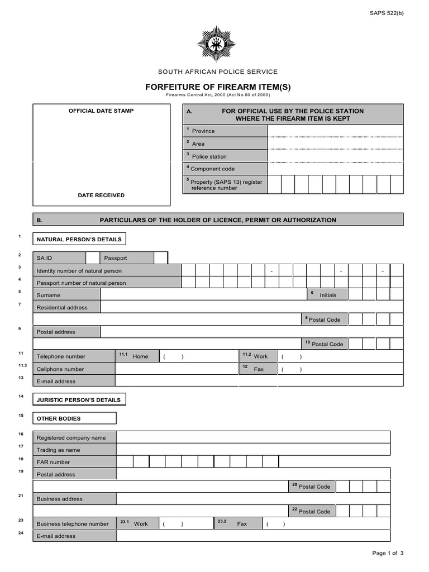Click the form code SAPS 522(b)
point(386,13)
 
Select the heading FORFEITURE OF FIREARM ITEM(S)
point(218,87)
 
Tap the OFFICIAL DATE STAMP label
point(101,111)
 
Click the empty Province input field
point(335,131)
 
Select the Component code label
point(213,169)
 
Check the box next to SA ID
point(93,258)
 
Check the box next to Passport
point(160,258)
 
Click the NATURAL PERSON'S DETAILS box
point(79,239)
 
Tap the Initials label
point(328,295)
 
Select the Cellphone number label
point(60,369)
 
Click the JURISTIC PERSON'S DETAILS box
point(79,400)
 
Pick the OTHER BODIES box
point(74,418)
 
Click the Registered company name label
point(71,438)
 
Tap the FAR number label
point(54,462)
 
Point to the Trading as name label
point(59,450)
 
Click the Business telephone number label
point(73,524)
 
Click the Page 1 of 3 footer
point(388,553)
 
